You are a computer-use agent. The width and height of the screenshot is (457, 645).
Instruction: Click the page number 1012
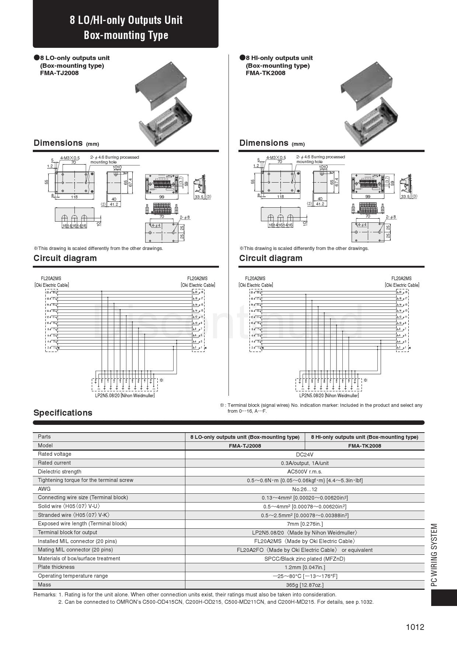(415, 627)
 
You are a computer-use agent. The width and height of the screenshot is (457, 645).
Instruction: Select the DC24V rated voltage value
(304, 454)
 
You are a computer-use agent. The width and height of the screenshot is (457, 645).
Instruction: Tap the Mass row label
(45, 585)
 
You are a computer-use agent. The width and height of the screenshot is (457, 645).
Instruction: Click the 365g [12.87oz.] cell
(304, 585)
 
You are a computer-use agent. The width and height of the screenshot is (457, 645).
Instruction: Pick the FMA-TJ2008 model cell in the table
(245, 446)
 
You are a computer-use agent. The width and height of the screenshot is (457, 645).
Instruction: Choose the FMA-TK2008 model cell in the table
(364, 446)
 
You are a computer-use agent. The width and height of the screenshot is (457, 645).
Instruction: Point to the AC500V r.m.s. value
(304, 472)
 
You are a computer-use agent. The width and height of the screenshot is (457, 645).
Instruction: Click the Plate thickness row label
(56, 567)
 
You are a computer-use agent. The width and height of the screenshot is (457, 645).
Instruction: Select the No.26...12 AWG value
(304, 489)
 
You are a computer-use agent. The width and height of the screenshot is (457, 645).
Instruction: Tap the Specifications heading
(63, 413)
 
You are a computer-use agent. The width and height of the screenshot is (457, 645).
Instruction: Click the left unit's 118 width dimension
(74, 197)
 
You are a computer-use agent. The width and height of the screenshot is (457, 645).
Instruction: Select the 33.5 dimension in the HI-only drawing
(405, 197)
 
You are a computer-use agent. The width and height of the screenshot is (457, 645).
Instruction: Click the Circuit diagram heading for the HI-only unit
(271, 258)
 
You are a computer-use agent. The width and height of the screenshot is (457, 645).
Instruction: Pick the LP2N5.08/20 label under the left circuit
(125, 395)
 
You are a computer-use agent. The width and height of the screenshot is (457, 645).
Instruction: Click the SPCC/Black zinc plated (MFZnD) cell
(304, 559)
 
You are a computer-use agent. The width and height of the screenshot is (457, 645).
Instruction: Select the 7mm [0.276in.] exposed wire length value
(304, 524)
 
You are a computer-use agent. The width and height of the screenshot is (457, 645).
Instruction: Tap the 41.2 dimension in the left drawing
(114, 204)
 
